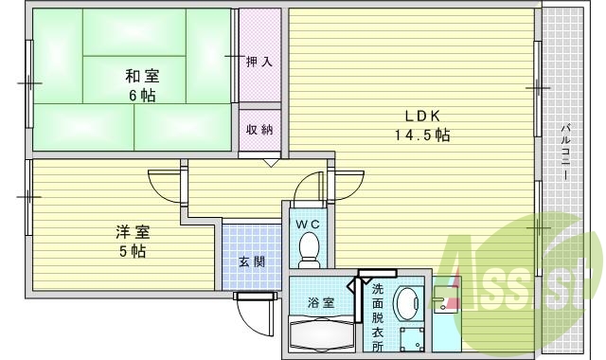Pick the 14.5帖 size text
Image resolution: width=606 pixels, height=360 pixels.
(x=421, y=135)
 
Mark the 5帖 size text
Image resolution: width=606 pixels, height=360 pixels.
(x=132, y=252)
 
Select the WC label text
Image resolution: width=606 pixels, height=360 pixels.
(x=308, y=225)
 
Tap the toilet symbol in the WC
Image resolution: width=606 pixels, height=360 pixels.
(x=309, y=249)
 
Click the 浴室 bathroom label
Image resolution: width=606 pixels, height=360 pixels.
(x=320, y=302)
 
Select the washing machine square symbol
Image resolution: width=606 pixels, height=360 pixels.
(x=411, y=340)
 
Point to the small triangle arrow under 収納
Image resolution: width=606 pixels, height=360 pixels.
(x=271, y=162)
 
